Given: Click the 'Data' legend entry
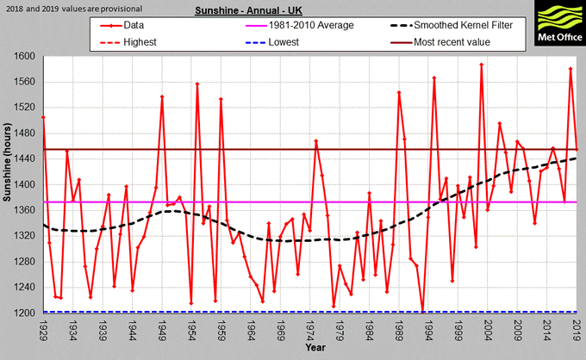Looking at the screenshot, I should [x=134, y=26].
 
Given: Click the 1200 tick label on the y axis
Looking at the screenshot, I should [x=25, y=313].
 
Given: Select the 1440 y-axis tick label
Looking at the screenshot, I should [x=25, y=159].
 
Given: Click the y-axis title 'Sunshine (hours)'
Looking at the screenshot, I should [x=9, y=184].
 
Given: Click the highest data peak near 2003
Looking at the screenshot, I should [x=482, y=65].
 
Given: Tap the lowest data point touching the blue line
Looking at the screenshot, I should [x=422, y=312].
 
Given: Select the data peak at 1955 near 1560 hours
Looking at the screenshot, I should [x=197, y=84].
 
